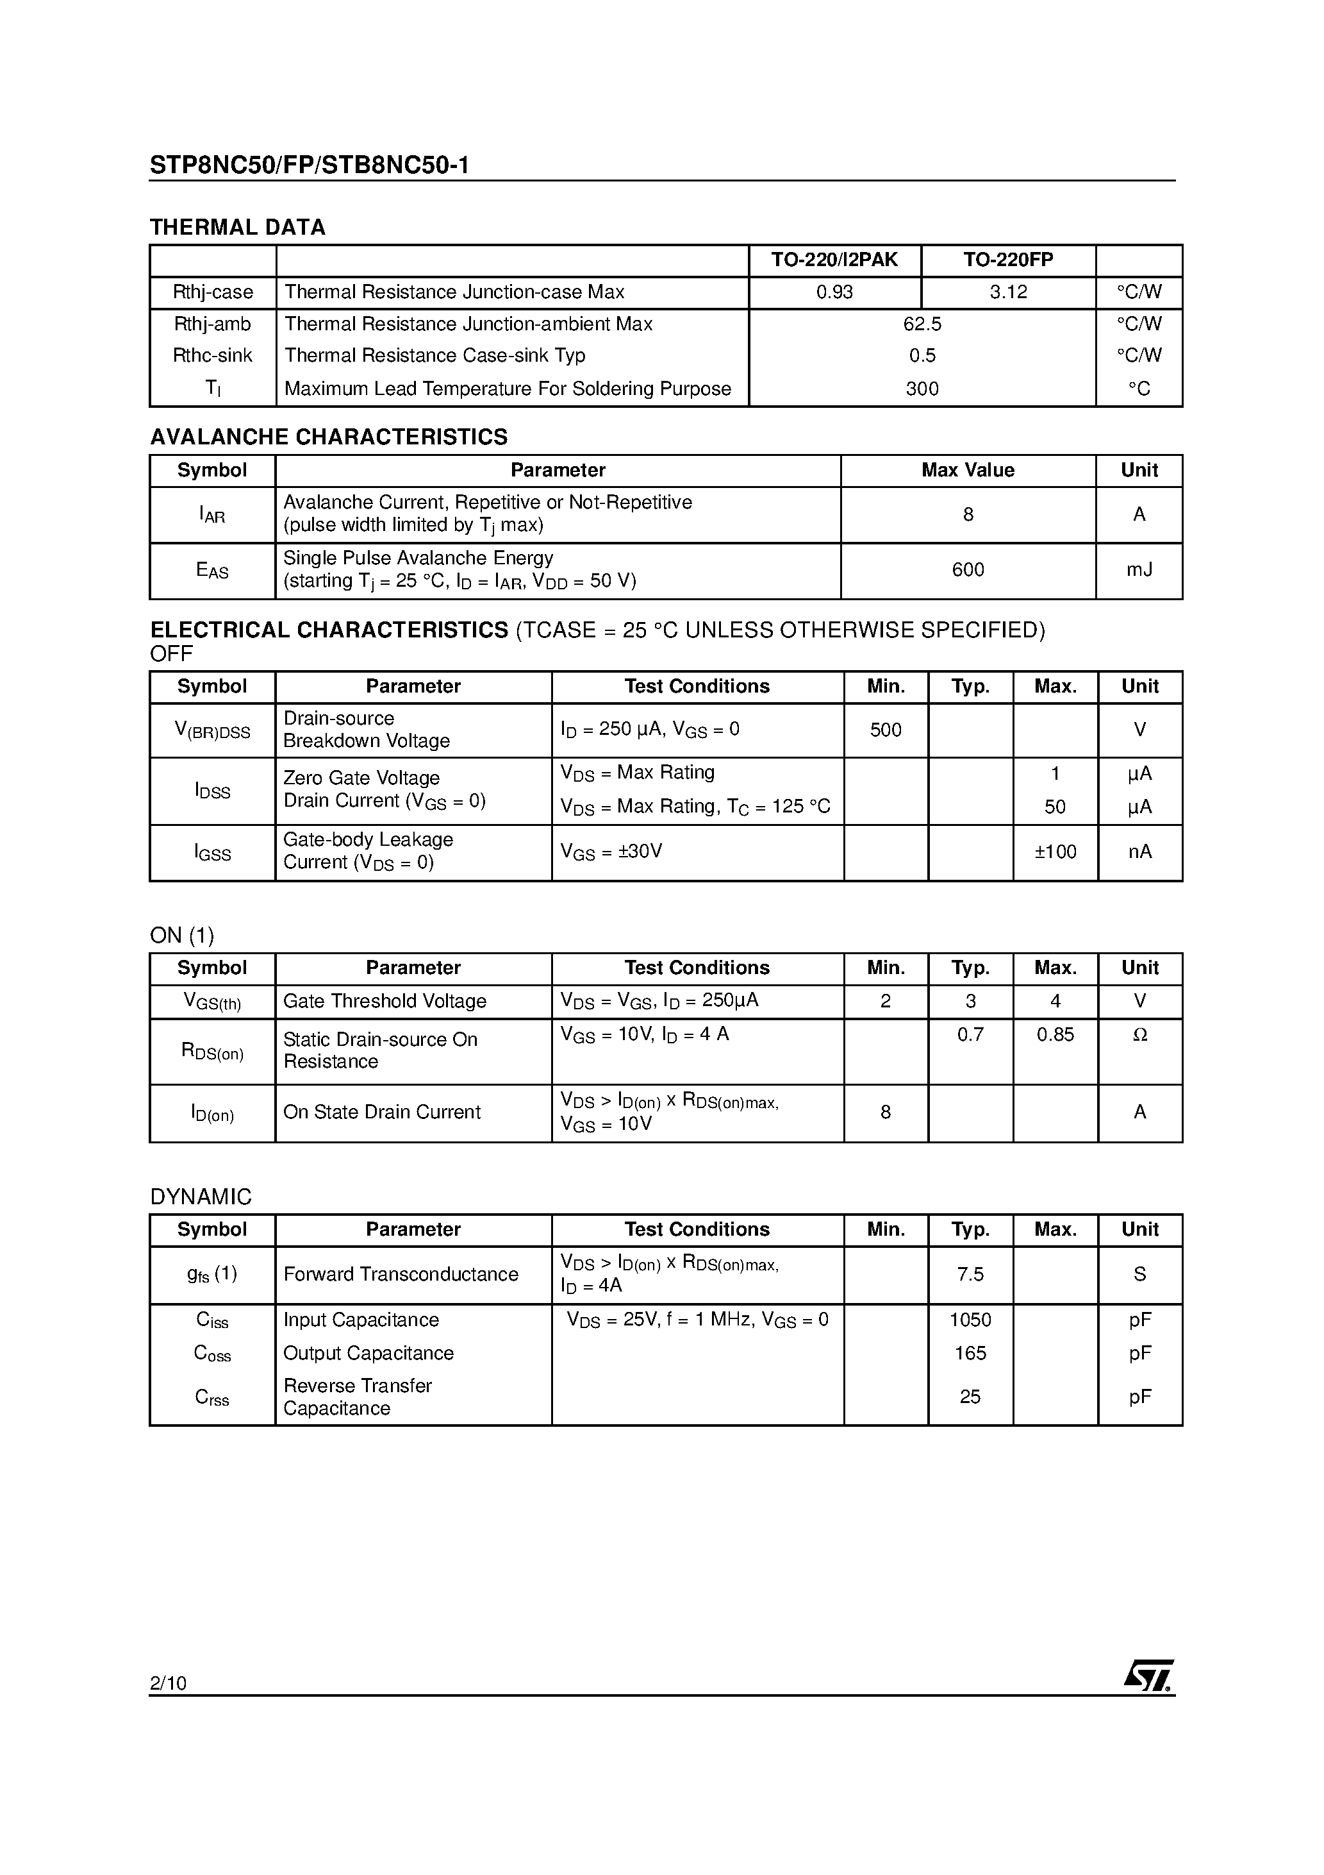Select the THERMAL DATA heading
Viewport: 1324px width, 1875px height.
point(238,227)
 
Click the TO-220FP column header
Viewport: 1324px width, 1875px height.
point(1008,260)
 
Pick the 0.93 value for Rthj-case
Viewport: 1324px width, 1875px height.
point(834,292)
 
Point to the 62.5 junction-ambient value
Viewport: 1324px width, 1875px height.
point(922,324)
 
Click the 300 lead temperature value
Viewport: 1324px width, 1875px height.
point(922,389)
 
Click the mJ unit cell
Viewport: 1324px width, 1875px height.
point(1139,570)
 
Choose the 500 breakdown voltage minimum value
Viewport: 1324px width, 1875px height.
point(886,730)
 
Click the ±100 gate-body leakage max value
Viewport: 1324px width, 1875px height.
point(1055,852)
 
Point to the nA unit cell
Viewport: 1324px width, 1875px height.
point(1139,852)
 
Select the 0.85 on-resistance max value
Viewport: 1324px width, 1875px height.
point(1055,1035)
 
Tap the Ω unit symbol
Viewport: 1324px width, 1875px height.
point(1140,1035)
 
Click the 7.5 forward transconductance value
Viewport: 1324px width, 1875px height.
point(970,1274)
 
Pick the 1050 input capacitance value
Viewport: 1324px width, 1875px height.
point(970,1320)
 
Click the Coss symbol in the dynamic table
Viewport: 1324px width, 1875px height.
point(212,1354)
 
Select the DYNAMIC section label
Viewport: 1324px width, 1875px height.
point(201,1197)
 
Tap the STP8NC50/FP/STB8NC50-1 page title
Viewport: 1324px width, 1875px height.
point(310,166)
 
